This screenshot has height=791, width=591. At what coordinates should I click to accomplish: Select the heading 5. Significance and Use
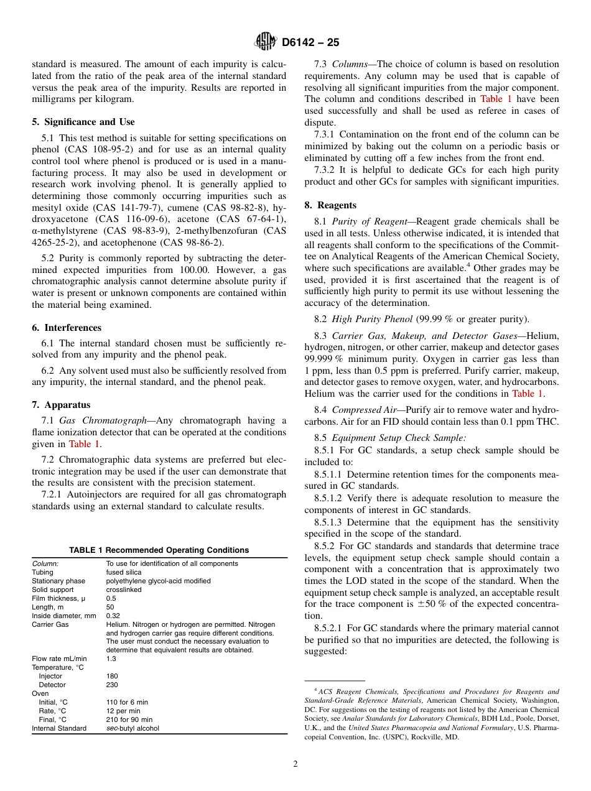83,122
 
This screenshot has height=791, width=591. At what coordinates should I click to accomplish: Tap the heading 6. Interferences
67,328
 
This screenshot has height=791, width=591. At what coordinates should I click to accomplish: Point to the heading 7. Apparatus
61,405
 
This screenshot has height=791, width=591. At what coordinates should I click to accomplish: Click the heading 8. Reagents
330,205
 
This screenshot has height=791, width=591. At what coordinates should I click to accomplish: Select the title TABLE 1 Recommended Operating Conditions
159,550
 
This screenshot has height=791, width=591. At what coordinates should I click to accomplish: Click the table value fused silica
124,572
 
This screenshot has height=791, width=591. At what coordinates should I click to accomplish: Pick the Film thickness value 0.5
111,598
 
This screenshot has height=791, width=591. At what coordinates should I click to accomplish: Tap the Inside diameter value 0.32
113,616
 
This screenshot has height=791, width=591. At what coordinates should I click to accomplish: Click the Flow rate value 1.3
111,659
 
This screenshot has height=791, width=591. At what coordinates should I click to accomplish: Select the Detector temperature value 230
112,685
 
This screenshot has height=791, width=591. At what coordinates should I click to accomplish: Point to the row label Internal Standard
59,728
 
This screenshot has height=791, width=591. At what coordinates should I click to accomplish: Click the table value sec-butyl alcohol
133,728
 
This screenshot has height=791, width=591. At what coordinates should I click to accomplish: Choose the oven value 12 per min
123,711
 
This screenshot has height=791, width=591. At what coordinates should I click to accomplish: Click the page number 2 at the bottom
295,764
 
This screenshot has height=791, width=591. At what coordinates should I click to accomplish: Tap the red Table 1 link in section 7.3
496,99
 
